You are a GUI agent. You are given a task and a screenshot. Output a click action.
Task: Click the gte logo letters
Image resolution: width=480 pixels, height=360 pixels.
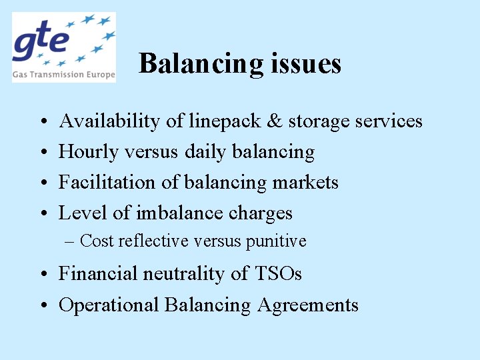point(41,41)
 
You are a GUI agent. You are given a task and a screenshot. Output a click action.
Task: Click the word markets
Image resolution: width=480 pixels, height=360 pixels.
point(308,182)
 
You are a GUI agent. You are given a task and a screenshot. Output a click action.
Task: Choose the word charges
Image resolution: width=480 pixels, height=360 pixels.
point(261,213)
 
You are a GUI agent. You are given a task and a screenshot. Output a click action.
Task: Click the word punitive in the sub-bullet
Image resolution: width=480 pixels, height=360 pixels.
point(276,241)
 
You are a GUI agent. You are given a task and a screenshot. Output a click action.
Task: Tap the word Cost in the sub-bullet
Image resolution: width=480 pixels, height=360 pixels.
point(97,241)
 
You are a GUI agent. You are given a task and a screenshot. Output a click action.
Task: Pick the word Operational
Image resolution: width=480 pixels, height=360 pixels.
point(109,305)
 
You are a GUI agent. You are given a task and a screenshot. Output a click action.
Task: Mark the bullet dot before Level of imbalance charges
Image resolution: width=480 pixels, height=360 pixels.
point(42,214)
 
